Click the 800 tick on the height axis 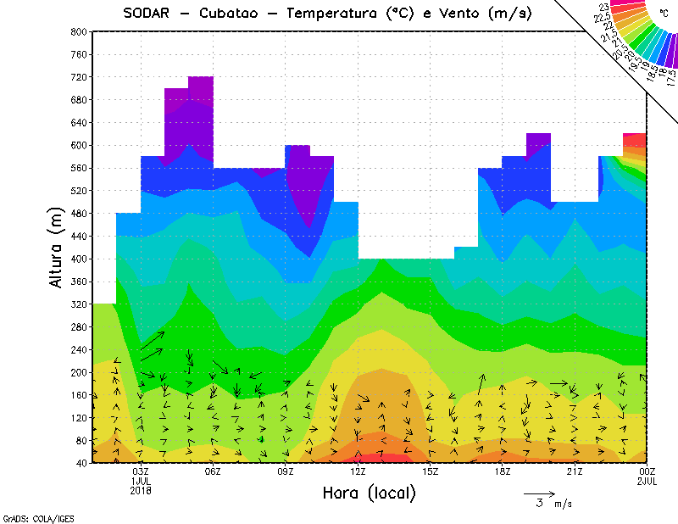78,31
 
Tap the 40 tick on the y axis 81,463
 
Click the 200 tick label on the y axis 78,372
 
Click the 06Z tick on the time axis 213,471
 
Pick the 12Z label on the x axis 358,471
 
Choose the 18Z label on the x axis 503,471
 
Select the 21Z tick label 575,471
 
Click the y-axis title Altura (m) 57,247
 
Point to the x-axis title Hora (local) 370,493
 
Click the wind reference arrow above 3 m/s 539,493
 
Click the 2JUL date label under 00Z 647,481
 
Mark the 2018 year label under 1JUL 141,490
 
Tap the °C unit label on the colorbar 663,12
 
